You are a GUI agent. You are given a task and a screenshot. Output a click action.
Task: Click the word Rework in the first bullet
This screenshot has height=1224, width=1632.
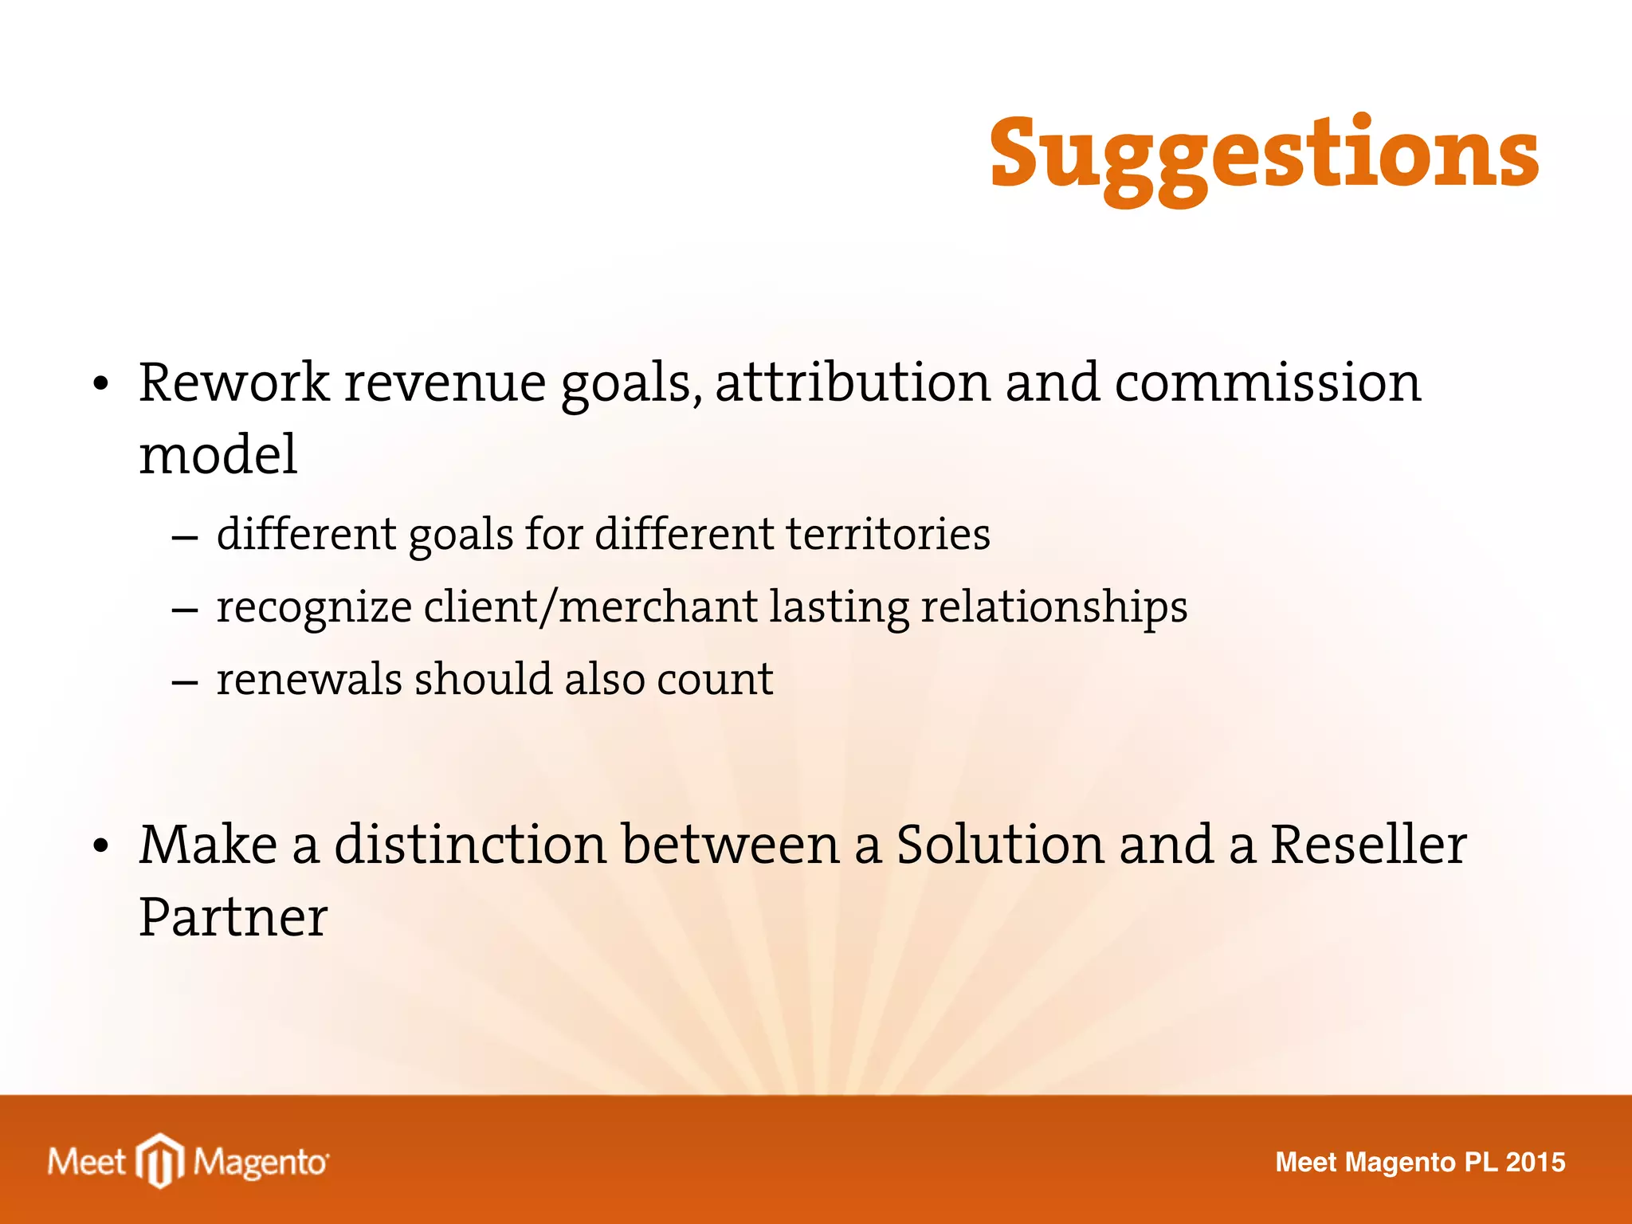pyautogui.click(x=233, y=382)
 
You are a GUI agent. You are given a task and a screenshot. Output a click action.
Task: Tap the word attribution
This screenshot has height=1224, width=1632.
pyautogui.click(x=853, y=382)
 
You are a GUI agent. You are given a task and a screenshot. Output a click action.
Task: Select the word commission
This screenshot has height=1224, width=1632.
pyautogui.click(x=1267, y=382)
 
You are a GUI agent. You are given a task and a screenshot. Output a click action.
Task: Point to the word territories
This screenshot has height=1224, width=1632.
pyautogui.click(x=889, y=534)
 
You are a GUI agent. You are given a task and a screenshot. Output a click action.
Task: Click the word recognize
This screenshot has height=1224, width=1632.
pyautogui.click(x=314, y=608)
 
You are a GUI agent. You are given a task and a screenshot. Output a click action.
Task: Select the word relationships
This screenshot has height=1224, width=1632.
pyautogui.click(x=1053, y=608)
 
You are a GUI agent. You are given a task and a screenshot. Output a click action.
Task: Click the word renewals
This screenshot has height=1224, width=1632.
pyautogui.click(x=309, y=680)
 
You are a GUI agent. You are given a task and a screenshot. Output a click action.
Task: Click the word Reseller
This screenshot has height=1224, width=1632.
pyautogui.click(x=1367, y=845)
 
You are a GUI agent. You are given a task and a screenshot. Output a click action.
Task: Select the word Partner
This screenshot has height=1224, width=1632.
pyautogui.click(x=233, y=918)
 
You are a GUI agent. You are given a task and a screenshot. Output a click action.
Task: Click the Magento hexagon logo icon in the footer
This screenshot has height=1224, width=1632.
pyautogui.click(x=161, y=1160)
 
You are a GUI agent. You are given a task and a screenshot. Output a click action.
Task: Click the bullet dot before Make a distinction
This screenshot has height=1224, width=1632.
pyautogui.click(x=100, y=848)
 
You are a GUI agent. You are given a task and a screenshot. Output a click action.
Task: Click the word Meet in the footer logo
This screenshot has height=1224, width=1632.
pyautogui.click(x=86, y=1162)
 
